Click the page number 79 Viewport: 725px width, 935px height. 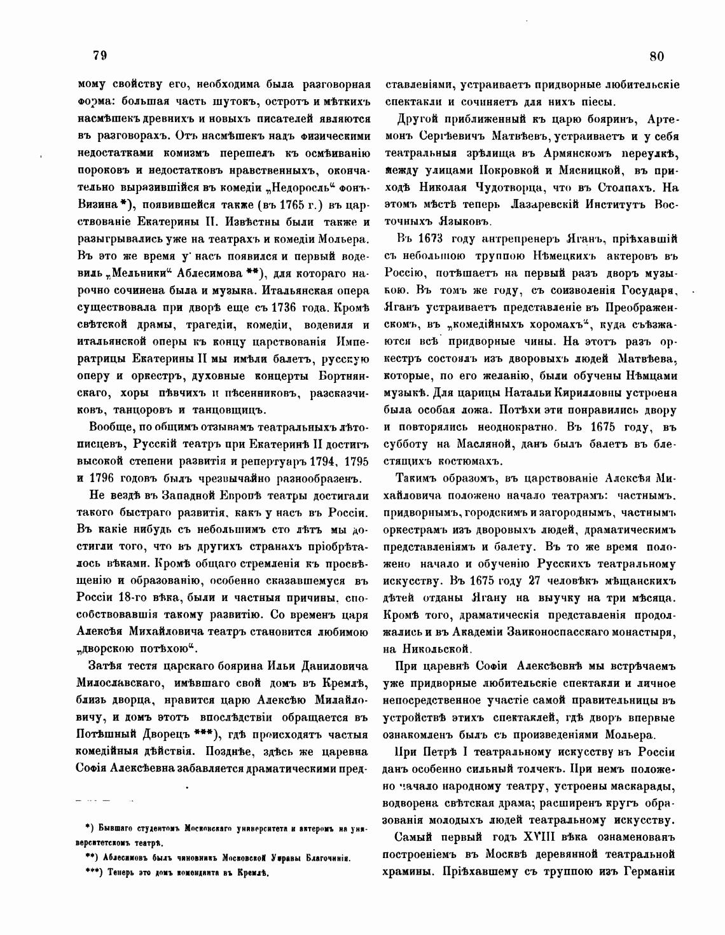99,55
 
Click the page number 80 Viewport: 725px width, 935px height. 657,56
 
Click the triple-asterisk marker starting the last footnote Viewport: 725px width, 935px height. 93,873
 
